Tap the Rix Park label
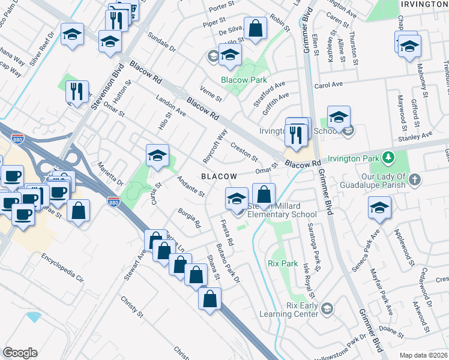coord(283,263)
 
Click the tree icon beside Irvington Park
coord(389,158)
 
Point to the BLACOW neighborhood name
coord(218,176)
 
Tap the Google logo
coord(20,353)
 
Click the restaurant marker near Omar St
coord(77,92)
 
